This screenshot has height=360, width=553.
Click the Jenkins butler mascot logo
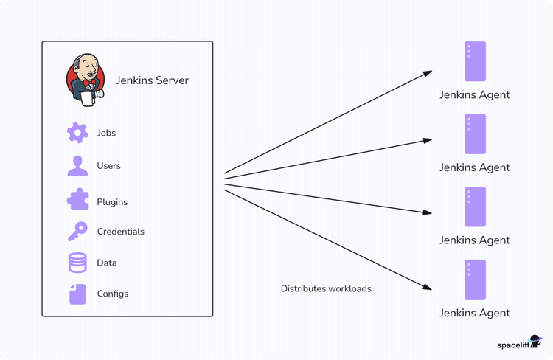tap(86, 79)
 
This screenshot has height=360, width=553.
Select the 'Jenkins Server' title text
tap(153, 80)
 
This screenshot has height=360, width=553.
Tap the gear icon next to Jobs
tap(77, 133)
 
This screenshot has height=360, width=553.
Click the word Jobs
tap(106, 134)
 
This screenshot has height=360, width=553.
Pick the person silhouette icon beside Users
tap(77, 166)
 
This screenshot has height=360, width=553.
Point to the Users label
tap(108, 166)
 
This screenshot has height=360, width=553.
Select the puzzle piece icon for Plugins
tap(77, 200)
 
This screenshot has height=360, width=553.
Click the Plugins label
tap(112, 202)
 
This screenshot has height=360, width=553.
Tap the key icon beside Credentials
tap(77, 232)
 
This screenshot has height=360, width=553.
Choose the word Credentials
tap(120, 232)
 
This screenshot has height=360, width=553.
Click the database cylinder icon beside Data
tap(77, 263)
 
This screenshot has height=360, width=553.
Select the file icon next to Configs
tap(77, 294)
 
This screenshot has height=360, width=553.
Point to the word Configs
tap(113, 294)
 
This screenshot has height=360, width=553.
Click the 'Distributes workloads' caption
tap(326, 289)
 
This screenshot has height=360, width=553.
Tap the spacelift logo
tap(518, 345)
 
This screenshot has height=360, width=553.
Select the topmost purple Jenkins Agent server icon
tap(475, 61)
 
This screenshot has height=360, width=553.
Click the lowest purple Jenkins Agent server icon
tap(475, 280)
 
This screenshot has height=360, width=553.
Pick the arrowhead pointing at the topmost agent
tap(428, 72)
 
